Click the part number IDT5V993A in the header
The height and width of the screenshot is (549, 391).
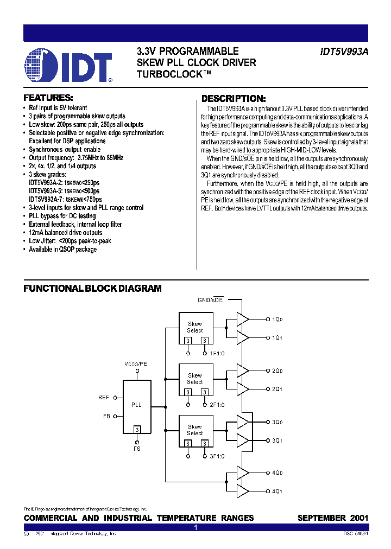coord(343,52)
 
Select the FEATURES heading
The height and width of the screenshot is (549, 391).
coord(48,98)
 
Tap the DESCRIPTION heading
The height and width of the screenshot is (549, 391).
coord(234,99)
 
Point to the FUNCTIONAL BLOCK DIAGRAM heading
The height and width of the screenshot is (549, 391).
coord(92,289)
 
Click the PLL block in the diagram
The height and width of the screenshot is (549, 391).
coord(136,405)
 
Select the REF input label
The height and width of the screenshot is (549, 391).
coord(104,398)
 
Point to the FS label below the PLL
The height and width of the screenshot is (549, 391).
coord(137,449)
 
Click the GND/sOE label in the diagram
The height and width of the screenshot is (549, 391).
coord(210,300)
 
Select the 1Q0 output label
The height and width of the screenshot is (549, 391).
coord(277,320)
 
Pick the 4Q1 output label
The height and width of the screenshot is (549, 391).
coord(277,491)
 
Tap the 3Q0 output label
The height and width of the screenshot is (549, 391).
coord(277,422)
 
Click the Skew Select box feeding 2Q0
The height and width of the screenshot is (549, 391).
coord(194,378)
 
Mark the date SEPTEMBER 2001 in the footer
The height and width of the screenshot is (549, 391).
coord(332,518)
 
